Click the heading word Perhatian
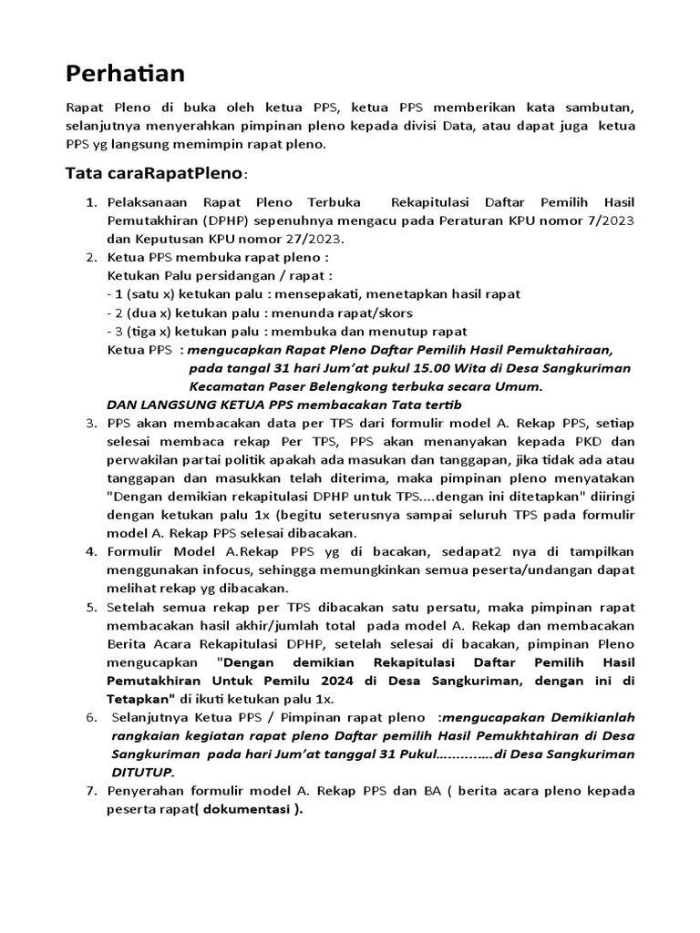[126, 72]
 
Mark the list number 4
[91, 552]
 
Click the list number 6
[91, 717]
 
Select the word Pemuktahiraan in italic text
[560, 349]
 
